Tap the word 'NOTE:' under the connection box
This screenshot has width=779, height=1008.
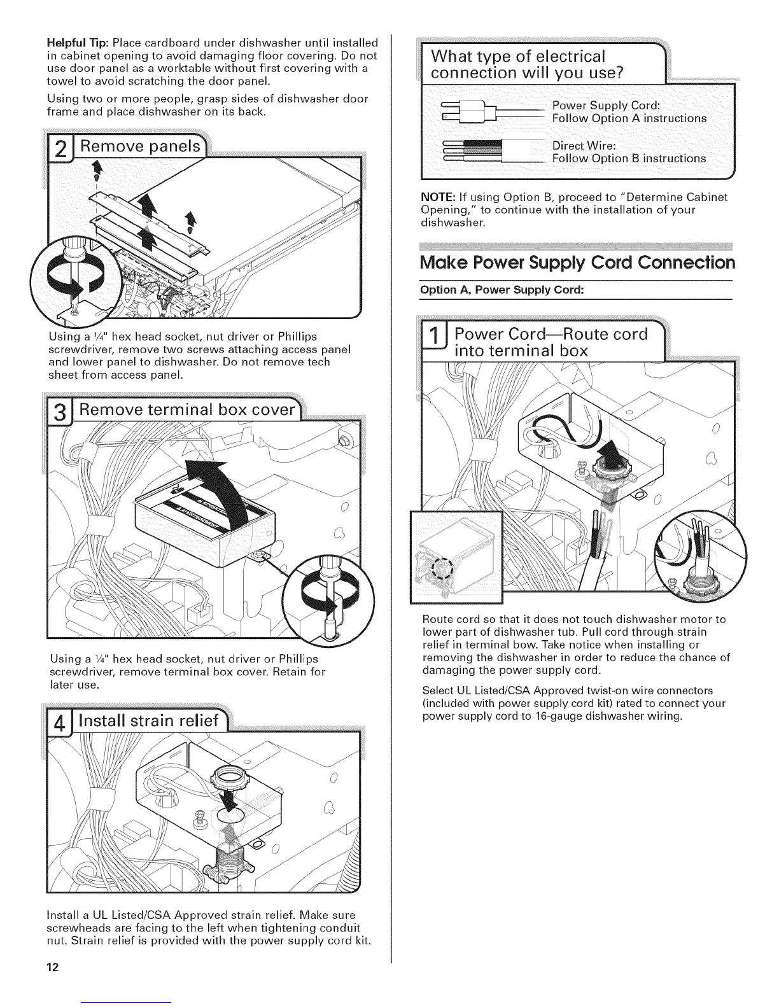tap(436, 197)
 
